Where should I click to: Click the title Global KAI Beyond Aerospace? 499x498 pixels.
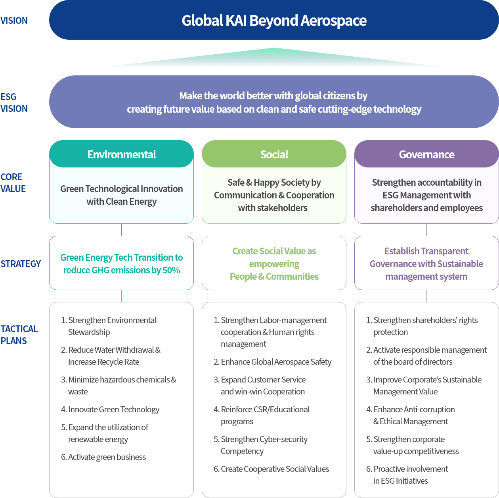pos(274,20)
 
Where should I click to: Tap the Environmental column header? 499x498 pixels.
pos(121,154)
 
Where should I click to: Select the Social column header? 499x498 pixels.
pos(274,154)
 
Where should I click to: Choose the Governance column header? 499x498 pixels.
pos(426,154)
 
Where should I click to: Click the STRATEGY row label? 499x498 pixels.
pos(21,264)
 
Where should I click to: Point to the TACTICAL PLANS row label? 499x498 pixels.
pos(19,335)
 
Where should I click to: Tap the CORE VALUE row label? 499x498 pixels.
pos(13,183)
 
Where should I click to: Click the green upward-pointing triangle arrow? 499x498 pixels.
pos(274,58)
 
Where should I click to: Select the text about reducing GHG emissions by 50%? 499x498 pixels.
pos(121,264)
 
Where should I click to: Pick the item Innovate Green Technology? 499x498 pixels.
pos(113,410)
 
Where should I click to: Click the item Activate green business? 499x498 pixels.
pos(107,457)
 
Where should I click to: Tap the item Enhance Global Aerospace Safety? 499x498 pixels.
pos(275,362)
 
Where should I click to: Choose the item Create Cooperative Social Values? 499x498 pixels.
pos(274,469)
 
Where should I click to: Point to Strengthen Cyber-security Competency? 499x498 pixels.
pos(264,445)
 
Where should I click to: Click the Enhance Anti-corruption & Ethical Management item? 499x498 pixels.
pos(413,415)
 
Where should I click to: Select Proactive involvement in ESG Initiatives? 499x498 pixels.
pos(410,475)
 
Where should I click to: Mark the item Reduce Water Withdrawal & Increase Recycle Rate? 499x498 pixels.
pos(114,356)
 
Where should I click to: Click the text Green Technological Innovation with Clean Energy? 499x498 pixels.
pos(121,195)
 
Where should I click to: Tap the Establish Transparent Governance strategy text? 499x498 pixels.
pos(426,264)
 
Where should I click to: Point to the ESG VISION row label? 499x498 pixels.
pos(14,102)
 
